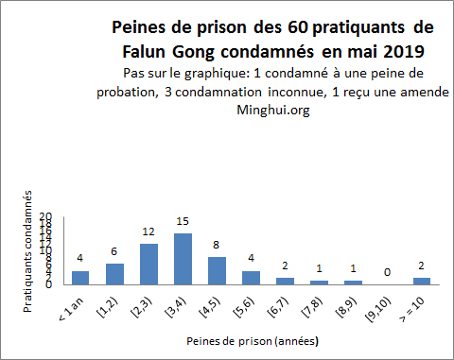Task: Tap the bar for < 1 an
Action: coord(80,278)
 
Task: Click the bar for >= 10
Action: coord(421,281)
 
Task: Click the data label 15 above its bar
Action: coord(183,221)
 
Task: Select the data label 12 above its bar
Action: coord(148,231)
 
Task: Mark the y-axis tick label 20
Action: coord(45,216)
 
